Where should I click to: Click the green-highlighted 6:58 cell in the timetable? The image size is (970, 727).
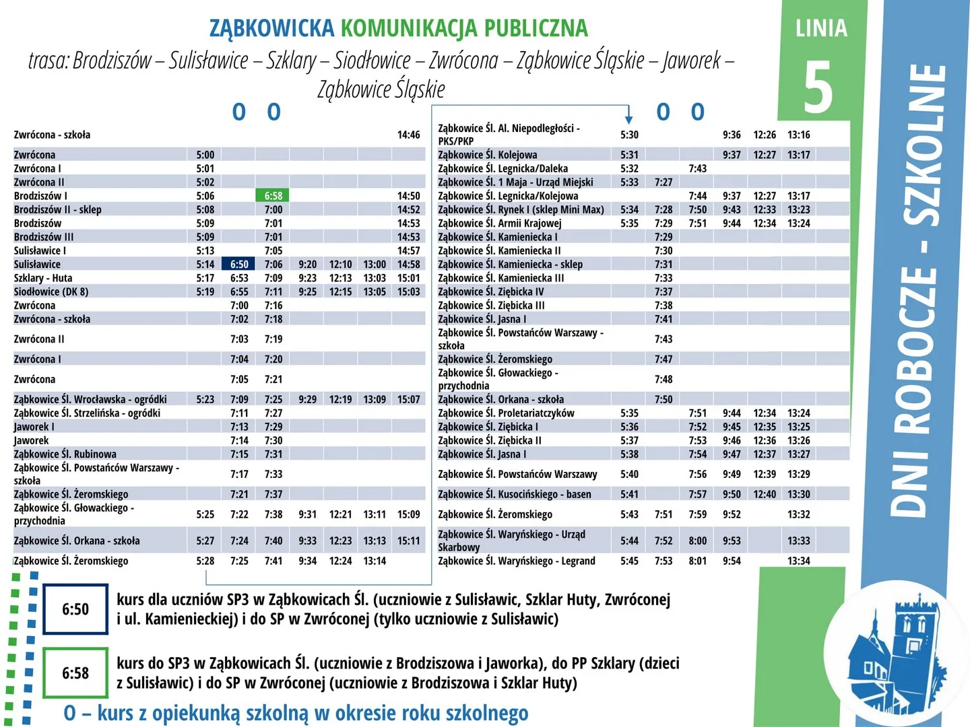(273, 196)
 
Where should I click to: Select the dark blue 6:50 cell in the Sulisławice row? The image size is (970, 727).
(239, 265)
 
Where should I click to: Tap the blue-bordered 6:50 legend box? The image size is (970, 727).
(75, 609)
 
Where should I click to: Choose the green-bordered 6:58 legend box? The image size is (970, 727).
(75, 673)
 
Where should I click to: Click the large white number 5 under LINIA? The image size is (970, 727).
(818, 87)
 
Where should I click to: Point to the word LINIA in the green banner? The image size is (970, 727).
(821, 28)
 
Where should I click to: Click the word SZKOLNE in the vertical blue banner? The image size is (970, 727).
(924, 145)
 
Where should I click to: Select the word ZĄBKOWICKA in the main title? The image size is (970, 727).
(271, 28)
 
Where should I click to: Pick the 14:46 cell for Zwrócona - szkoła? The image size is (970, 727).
(408, 135)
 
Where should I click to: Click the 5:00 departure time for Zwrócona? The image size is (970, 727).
(205, 155)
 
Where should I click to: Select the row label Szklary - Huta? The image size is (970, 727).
(43, 278)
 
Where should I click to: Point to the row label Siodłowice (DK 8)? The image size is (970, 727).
(51, 291)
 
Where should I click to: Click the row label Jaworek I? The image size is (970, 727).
(34, 427)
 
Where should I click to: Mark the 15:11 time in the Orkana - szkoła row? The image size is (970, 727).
(408, 541)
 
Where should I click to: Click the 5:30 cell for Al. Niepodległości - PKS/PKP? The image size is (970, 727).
(629, 135)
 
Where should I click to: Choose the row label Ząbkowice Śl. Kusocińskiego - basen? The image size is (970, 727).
(515, 494)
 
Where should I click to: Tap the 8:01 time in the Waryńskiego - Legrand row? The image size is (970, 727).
(697, 561)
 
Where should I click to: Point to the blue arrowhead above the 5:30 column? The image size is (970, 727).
(628, 116)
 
